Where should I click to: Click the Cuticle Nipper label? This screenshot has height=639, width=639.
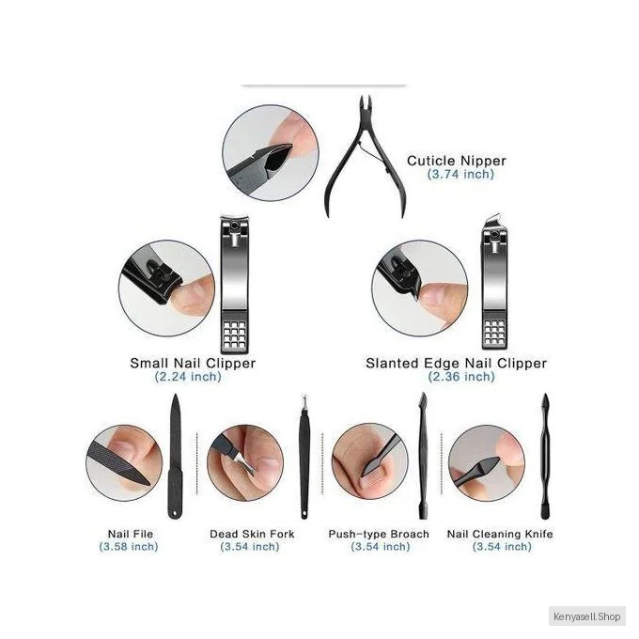[457, 161]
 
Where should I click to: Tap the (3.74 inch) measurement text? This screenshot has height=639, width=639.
[460, 174]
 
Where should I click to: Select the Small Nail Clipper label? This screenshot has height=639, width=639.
[193, 363]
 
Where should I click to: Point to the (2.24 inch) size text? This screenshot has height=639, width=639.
[188, 376]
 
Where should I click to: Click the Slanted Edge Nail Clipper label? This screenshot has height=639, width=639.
[456, 363]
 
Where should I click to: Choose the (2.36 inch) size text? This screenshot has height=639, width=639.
[461, 376]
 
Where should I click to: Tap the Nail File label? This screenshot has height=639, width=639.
[131, 534]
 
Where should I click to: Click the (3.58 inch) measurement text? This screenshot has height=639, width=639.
[129, 546]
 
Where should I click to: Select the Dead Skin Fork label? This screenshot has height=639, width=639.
[252, 534]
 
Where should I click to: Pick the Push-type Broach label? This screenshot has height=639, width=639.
[379, 534]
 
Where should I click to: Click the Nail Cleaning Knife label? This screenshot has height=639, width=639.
[500, 534]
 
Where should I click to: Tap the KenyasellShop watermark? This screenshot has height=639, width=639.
[586, 616]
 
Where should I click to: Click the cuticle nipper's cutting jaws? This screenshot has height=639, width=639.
[366, 105]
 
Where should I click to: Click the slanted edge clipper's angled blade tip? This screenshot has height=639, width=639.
[493, 218]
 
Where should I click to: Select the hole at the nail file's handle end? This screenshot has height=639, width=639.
[175, 512]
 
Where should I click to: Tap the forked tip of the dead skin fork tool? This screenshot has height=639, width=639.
[304, 402]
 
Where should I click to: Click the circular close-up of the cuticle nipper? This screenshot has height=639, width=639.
[271, 153]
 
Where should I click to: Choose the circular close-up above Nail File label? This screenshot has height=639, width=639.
[124, 462]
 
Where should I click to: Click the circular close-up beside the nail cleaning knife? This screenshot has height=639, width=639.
[486, 462]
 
